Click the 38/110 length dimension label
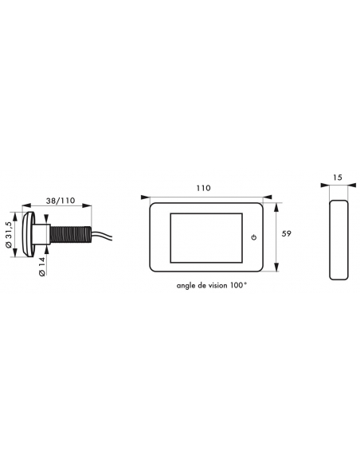pyautogui.click(x=61, y=201)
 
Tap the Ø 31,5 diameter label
pyautogui.click(x=9, y=235)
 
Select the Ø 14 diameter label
pyautogui.click(x=41, y=267)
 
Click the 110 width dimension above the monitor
pyautogui.click(x=203, y=188)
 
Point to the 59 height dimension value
pyautogui.click(x=286, y=233)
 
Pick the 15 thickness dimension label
pyautogui.click(x=338, y=178)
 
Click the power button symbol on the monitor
pyautogui.click(x=253, y=237)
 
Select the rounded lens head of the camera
pyautogui.click(x=28, y=235)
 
